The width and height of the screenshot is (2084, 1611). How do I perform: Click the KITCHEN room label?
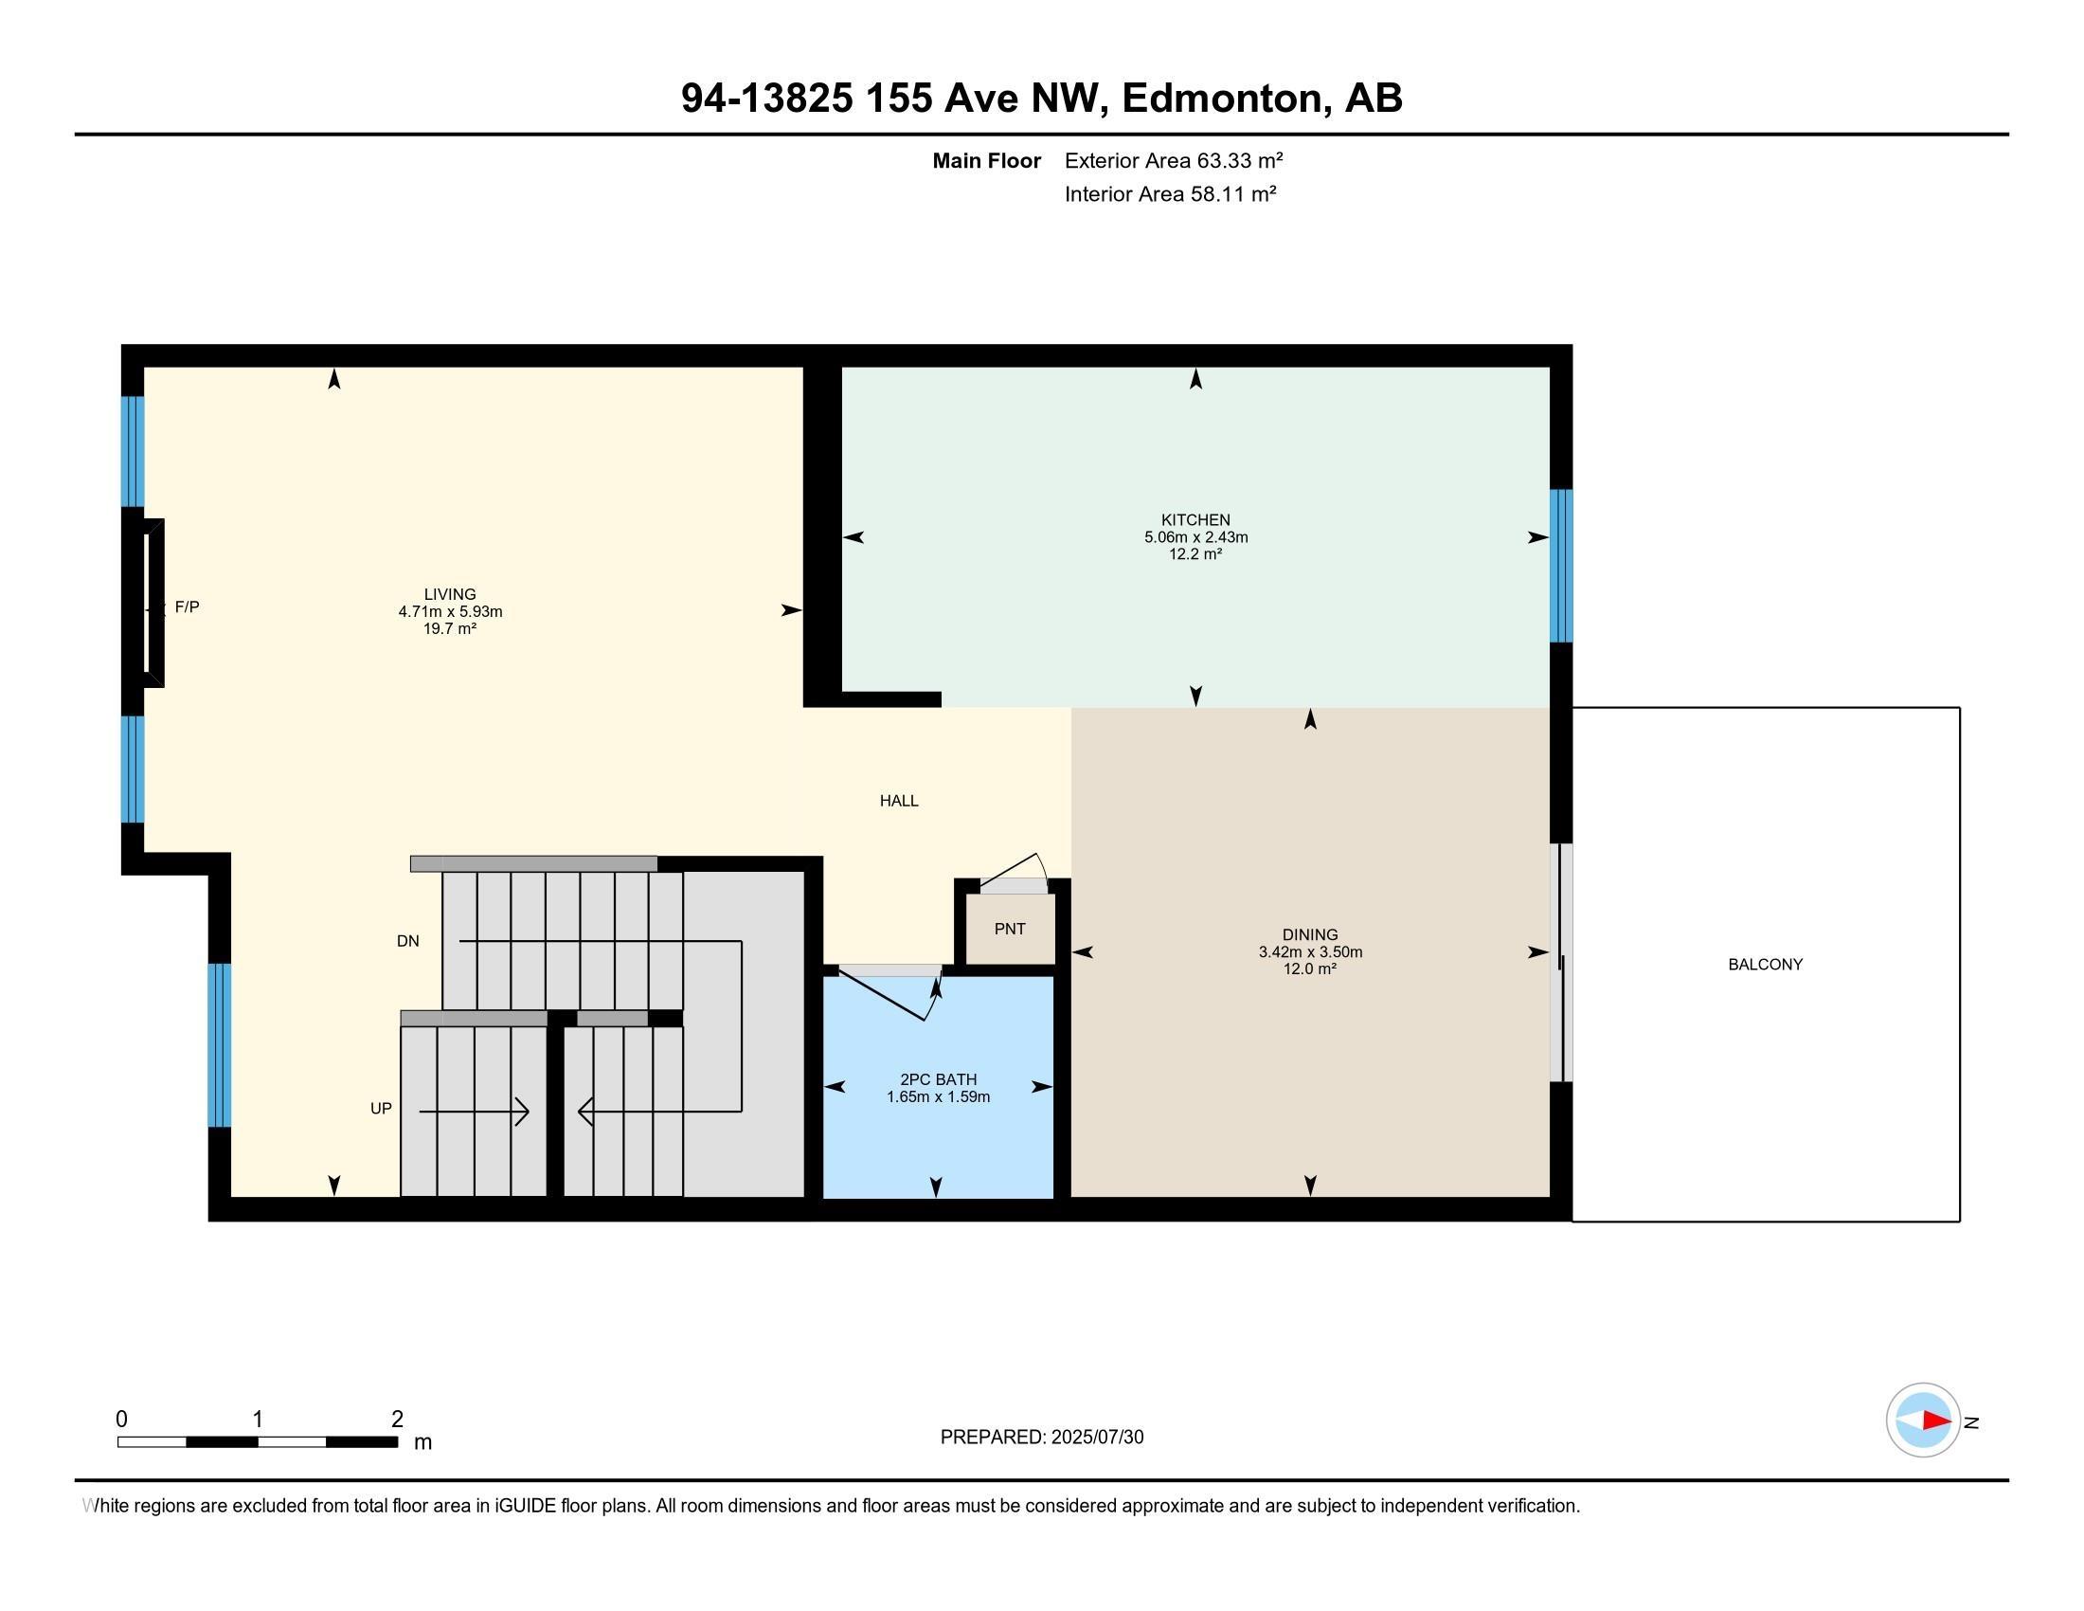(x=1195, y=520)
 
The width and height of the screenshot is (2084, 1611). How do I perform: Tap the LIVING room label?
(x=449, y=594)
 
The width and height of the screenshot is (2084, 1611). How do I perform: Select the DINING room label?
(x=1309, y=935)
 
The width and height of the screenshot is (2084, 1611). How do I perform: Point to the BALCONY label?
(x=1765, y=965)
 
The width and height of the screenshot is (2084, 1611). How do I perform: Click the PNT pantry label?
(x=1010, y=929)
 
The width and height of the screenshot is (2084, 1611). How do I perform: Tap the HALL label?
(x=898, y=801)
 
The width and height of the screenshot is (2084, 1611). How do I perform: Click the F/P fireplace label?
(x=187, y=607)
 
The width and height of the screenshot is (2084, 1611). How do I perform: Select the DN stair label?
(x=407, y=941)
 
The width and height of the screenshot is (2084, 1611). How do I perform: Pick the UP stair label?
(x=381, y=1108)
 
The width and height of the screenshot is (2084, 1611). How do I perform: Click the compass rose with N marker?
(x=1922, y=1421)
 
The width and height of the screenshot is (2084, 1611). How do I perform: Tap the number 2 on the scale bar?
(x=397, y=1420)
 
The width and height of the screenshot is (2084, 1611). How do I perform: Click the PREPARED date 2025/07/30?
(x=1041, y=1438)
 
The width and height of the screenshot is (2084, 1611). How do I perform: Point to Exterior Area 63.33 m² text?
(x=1173, y=160)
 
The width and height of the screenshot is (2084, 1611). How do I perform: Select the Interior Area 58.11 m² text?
(x=1170, y=194)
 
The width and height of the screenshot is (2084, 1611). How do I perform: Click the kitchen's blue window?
(x=1560, y=565)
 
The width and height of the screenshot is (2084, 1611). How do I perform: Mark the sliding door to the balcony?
(x=1560, y=962)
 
